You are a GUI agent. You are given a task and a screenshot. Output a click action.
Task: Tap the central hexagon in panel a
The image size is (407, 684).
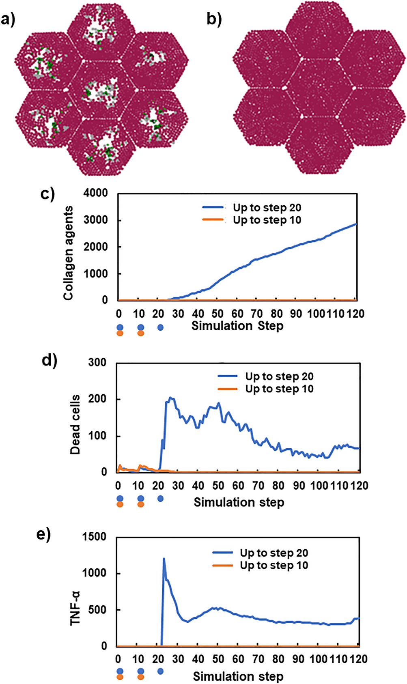click(101, 89)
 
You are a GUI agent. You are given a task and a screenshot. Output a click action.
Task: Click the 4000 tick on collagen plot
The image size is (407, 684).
click(96, 193)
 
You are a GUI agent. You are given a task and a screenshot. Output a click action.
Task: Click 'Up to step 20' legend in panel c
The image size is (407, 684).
click(267, 208)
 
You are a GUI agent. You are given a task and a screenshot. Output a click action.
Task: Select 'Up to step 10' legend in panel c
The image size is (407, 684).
click(267, 220)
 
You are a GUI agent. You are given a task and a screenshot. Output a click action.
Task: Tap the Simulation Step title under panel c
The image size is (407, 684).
click(237, 326)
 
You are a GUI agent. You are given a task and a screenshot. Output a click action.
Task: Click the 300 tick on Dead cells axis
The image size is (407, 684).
click(97, 362)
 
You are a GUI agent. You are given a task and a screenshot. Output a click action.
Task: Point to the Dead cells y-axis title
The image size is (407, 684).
click(75, 424)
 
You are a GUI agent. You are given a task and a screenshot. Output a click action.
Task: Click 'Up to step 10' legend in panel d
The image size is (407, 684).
click(279, 389)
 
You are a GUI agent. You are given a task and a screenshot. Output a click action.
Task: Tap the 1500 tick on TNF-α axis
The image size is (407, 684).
click(95, 537)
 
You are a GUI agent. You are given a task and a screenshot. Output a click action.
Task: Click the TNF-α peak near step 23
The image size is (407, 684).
click(164, 559)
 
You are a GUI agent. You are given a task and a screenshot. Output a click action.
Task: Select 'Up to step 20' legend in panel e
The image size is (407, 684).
click(273, 553)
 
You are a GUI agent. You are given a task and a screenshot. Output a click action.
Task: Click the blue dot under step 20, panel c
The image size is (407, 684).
click(160, 327)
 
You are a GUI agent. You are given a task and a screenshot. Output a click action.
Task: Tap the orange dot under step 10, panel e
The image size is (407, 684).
click(140, 677)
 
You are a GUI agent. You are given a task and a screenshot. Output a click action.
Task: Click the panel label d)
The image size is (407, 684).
click(50, 360)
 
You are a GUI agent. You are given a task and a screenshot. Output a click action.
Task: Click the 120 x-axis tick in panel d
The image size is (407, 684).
click(359, 486)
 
